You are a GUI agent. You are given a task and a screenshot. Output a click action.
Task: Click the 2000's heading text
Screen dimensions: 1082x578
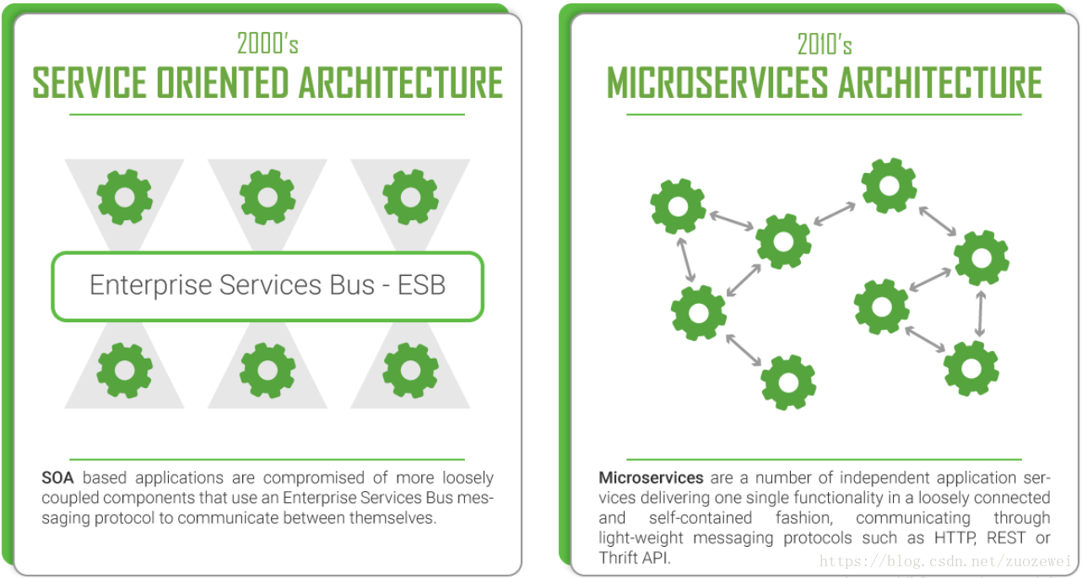click(268, 44)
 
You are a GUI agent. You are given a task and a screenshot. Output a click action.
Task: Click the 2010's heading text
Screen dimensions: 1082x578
click(825, 45)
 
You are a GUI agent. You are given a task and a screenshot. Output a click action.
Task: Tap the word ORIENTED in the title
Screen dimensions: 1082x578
click(223, 83)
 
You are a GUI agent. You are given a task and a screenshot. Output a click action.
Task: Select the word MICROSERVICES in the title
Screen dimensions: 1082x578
click(717, 83)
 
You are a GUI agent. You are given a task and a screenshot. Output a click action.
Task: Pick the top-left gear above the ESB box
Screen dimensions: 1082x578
click(125, 197)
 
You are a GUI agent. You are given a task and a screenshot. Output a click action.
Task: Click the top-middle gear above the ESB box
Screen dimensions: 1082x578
click(268, 197)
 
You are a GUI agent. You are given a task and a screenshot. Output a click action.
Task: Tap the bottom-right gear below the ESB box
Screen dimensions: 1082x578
click(410, 370)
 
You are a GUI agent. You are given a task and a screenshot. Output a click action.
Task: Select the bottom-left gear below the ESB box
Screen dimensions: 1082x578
click(125, 370)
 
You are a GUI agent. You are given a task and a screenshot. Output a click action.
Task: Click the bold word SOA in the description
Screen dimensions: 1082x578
click(57, 478)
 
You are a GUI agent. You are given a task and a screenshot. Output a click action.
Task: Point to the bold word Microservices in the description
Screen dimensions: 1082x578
click(651, 478)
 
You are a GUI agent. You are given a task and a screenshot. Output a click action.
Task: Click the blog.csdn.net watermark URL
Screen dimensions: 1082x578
click(945, 561)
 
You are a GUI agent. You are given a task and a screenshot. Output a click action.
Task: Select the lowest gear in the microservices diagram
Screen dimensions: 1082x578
click(788, 383)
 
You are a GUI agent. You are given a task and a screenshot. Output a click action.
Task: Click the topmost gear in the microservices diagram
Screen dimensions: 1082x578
click(890, 186)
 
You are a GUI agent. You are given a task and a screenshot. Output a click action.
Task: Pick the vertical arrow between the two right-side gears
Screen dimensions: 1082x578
click(980, 314)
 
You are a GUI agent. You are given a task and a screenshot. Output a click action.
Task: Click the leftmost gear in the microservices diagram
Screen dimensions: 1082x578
click(678, 207)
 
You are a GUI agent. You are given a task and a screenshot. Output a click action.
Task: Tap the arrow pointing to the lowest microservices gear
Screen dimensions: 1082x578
click(744, 350)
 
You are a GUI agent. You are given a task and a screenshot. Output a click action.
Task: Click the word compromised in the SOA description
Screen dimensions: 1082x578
click(313, 478)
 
